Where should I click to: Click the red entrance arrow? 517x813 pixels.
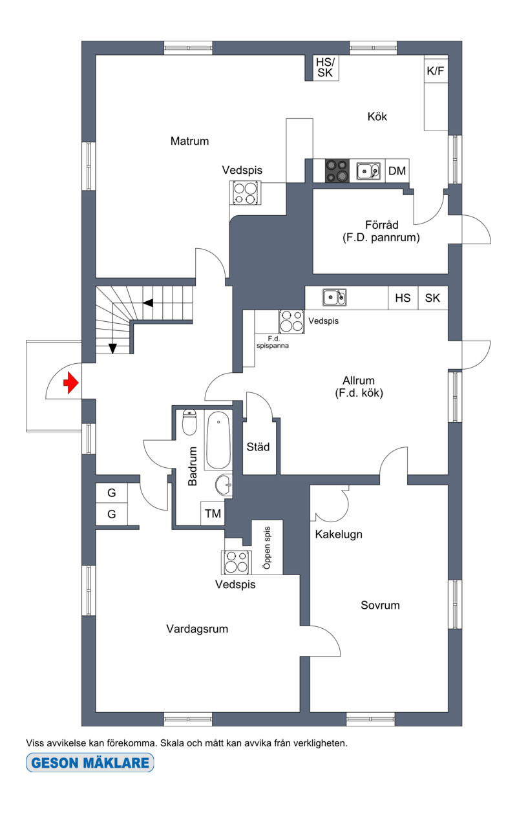tap(71, 383)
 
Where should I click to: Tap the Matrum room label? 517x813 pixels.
tap(189, 141)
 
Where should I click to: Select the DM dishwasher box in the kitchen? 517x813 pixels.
tap(397, 171)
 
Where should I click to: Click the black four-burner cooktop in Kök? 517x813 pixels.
tap(337, 171)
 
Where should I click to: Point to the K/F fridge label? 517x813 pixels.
tap(436, 71)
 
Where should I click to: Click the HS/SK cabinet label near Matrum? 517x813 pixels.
tap(325, 67)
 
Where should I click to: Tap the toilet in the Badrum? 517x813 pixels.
tap(189, 422)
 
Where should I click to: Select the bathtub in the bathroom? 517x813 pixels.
tap(218, 440)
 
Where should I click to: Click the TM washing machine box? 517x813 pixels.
tap(213, 513)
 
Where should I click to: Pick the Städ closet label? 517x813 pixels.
tap(258, 447)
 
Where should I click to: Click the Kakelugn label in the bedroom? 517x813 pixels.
tap(339, 534)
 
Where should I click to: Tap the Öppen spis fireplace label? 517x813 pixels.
tap(267, 547)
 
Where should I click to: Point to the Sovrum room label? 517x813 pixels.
tap(380, 605)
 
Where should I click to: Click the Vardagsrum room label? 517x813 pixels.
tap(197, 629)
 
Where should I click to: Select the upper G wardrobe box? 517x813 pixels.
tap(111, 493)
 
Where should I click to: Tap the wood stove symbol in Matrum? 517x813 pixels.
tap(245, 193)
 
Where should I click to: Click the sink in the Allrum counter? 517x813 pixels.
tap(334, 298)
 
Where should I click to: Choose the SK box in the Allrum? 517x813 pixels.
tap(433, 298)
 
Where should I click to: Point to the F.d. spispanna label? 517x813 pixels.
tap(272, 343)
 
